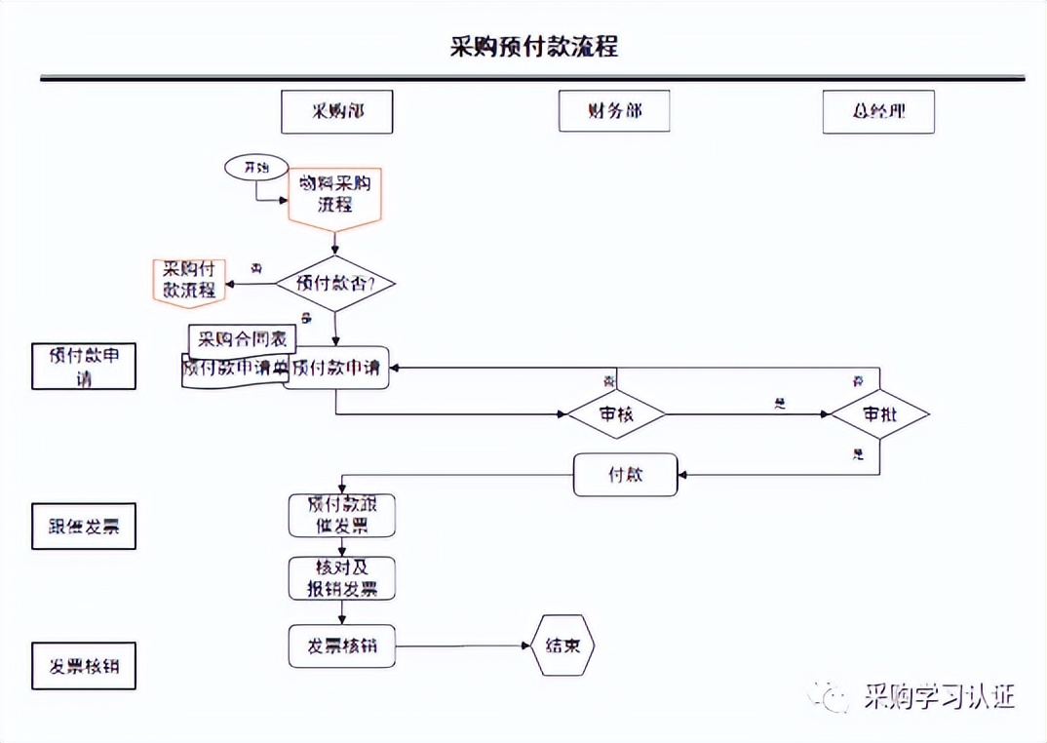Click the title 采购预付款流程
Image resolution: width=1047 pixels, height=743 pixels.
[x=533, y=46]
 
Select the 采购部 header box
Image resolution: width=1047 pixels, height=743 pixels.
[x=337, y=111]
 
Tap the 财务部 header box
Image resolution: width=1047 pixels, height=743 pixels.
[x=614, y=111]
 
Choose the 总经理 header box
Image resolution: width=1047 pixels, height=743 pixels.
[x=878, y=111]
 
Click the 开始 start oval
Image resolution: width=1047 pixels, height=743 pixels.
[x=256, y=168]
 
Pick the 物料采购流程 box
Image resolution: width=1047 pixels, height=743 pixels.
[x=334, y=195]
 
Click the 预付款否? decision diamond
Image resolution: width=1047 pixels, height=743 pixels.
[x=334, y=284]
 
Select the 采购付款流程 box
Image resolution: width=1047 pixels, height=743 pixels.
[x=189, y=280]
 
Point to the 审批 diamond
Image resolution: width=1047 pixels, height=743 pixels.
[x=879, y=413]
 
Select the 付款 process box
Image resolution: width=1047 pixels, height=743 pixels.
[x=625, y=475]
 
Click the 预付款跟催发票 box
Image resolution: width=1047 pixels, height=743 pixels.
[x=341, y=515]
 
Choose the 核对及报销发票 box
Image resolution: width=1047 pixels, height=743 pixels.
[x=341, y=578]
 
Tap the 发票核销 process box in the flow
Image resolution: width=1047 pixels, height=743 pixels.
[x=341, y=645]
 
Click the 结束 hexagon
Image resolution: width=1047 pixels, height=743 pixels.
[x=562, y=645]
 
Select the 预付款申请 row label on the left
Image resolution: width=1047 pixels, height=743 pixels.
[x=84, y=366]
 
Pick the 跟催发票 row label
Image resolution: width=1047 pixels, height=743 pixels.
[x=84, y=527]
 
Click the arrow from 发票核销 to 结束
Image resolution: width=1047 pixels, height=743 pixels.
[x=463, y=645]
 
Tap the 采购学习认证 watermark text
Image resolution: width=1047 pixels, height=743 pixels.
[x=939, y=696]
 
